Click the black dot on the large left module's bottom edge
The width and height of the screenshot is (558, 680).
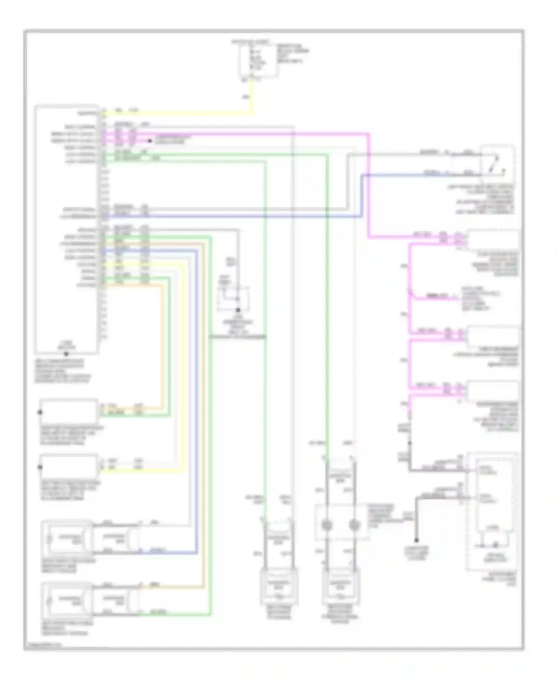[66, 354]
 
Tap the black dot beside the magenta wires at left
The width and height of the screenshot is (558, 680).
[150, 141]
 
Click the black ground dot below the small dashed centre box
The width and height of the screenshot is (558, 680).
[238, 310]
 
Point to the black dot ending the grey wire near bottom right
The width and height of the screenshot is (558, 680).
[417, 540]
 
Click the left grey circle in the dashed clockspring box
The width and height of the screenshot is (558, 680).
[326, 525]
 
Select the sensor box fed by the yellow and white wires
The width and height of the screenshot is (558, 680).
[69, 466]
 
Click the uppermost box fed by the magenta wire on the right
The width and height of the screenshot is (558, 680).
[493, 240]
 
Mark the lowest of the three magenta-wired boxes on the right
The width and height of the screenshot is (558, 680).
[493, 391]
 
